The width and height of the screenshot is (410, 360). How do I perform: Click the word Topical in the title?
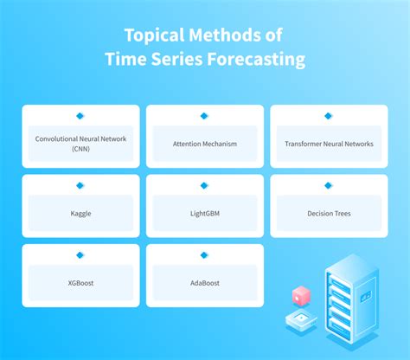click(x=150, y=35)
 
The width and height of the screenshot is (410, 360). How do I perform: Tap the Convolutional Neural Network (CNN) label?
click(x=80, y=143)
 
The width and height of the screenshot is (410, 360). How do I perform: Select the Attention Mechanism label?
click(x=204, y=144)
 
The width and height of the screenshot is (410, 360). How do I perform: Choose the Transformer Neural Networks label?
click(x=329, y=144)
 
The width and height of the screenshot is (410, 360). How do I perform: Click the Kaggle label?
click(x=80, y=213)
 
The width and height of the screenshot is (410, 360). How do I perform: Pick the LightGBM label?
click(x=204, y=213)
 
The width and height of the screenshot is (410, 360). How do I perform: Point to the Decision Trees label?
click(x=329, y=213)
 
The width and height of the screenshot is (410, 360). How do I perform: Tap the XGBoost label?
click(x=80, y=282)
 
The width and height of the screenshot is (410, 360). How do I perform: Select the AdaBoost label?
click(x=204, y=282)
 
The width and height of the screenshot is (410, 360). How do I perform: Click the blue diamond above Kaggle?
click(x=80, y=185)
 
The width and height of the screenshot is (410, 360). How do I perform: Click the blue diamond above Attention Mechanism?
click(x=204, y=115)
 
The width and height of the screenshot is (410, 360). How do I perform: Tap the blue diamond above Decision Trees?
click(x=329, y=185)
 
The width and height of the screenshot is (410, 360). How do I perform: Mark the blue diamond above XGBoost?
click(x=80, y=254)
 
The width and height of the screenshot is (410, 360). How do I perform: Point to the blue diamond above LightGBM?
click(x=204, y=185)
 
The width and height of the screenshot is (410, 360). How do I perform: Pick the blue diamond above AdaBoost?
click(x=204, y=254)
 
